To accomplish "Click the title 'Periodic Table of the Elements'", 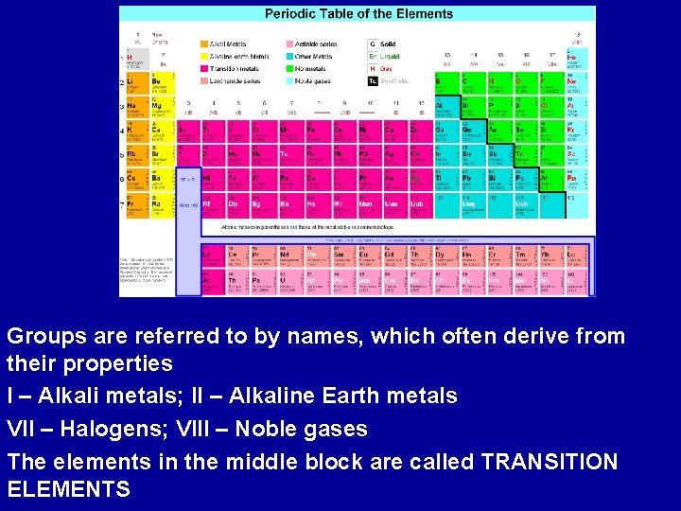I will click(x=358, y=14).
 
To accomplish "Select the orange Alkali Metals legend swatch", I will click(x=204, y=44).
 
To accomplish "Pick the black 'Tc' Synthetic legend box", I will click(x=373, y=81).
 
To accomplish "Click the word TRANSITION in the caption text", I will click(x=549, y=462).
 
